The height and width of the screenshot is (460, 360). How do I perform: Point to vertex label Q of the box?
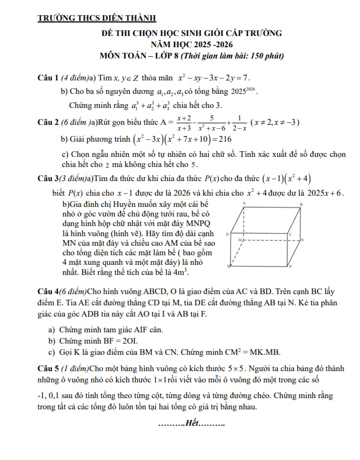click(228, 264)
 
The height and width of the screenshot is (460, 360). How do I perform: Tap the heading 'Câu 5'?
click(49, 369)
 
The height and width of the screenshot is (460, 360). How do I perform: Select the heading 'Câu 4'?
click(49, 291)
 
